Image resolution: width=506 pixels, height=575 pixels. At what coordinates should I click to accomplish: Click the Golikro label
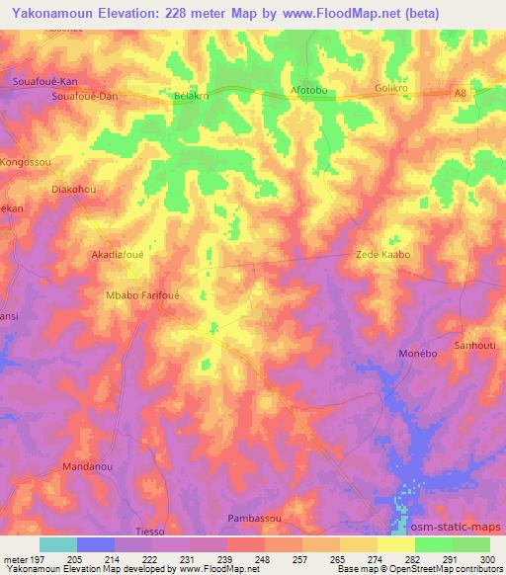click(393, 89)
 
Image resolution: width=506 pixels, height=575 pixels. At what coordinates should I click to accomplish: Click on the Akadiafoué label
click(119, 254)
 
